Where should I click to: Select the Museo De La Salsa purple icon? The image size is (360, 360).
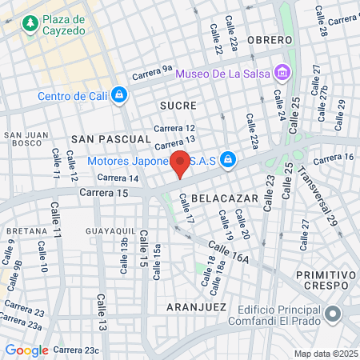[281, 74]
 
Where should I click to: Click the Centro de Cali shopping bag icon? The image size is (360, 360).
[119, 96]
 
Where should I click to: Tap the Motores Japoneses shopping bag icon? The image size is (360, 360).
[228, 158]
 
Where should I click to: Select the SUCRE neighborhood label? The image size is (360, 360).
[178, 105]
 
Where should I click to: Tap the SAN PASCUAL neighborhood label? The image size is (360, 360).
[100, 138]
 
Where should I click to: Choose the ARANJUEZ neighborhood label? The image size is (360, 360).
[193, 306]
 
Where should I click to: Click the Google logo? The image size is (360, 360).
[26, 350]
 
